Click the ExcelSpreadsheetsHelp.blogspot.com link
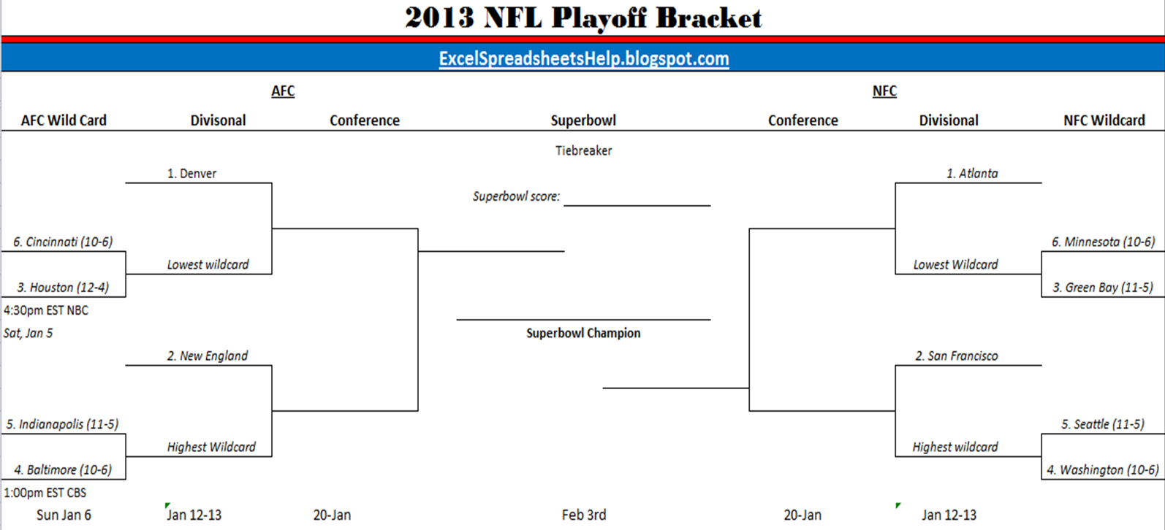point(583,58)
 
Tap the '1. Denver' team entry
point(191,174)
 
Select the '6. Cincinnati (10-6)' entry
point(63,242)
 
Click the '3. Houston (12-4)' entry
point(63,288)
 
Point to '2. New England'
point(207,356)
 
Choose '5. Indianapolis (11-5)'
point(62,424)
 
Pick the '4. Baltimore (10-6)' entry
point(63,469)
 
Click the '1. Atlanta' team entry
point(972,174)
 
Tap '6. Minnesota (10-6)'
point(1103,242)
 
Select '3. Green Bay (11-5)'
point(1103,288)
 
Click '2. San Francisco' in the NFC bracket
point(957,356)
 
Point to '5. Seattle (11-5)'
point(1103,424)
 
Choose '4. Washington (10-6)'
point(1103,469)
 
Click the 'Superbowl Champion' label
point(583,333)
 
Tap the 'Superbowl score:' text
point(516,196)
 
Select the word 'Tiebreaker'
point(583,150)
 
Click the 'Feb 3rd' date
point(583,515)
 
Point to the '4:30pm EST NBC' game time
point(46,310)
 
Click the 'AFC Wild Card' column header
point(64,120)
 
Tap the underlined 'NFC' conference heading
point(884,91)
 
